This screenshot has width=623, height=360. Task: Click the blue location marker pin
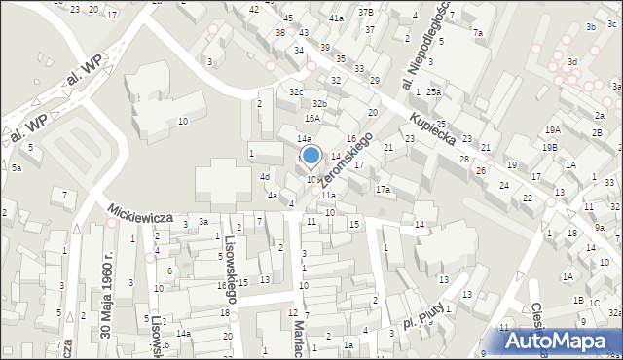311,156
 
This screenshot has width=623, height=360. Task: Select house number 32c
295,91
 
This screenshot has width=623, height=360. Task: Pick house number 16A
311,118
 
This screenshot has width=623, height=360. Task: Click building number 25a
432,92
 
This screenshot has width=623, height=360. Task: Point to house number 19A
552,129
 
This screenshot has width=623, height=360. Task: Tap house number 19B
550,147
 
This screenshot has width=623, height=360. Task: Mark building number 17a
383,189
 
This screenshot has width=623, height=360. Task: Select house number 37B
365,12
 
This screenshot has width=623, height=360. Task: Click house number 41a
336,18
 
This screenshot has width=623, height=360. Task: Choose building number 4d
264,176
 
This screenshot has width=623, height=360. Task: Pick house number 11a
328,196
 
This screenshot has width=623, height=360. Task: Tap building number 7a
478,33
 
